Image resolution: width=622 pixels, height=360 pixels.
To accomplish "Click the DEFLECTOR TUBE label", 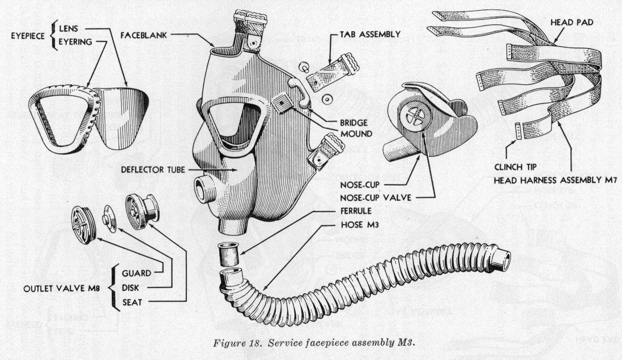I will click(x=150, y=168).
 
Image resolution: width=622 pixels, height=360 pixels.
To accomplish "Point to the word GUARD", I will click(x=135, y=273).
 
